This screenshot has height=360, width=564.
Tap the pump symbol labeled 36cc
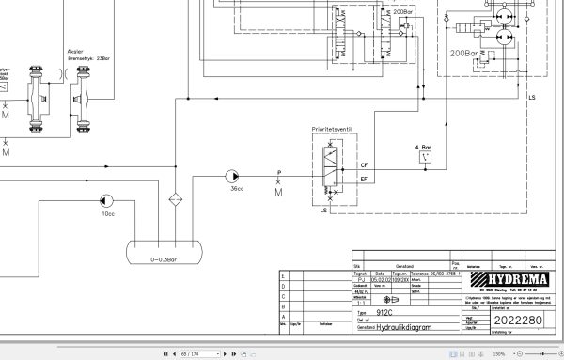231,177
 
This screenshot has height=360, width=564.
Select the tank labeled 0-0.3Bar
165,250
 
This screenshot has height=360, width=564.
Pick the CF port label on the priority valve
364,164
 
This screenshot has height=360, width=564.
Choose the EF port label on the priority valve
364,178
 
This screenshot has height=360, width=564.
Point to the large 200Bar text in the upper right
465,54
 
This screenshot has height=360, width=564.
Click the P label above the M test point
279,172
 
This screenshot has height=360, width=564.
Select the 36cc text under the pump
238,190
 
